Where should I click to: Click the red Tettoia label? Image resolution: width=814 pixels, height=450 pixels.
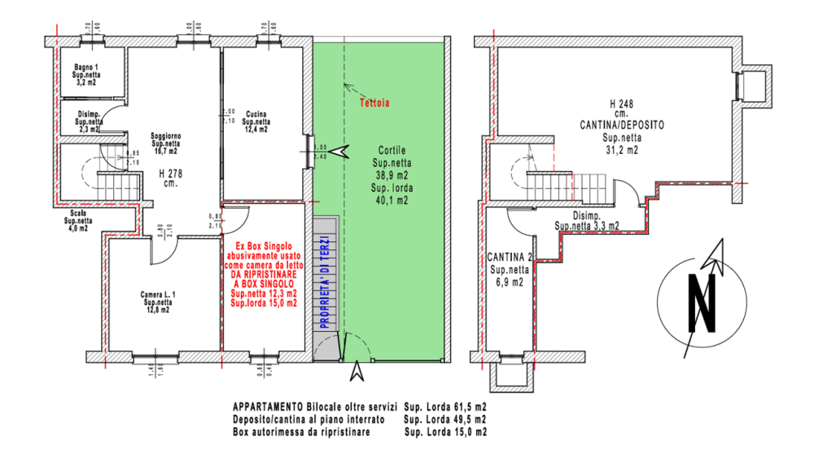click(x=374, y=104)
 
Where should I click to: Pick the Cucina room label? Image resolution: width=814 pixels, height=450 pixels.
click(x=257, y=113)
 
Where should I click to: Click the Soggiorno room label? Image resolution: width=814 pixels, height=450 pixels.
click(x=166, y=135)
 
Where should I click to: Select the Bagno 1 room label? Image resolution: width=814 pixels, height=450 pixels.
click(x=85, y=66)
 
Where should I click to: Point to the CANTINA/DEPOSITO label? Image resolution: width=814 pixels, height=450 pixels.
click(x=621, y=126)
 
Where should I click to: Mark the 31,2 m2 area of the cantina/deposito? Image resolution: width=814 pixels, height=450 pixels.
click(x=621, y=150)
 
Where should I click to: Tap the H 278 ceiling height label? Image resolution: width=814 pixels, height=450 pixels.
click(x=168, y=172)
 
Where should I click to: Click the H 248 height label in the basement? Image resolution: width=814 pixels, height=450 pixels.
click(x=622, y=104)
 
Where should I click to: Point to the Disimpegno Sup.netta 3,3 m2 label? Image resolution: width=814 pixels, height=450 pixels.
click(x=586, y=220)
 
